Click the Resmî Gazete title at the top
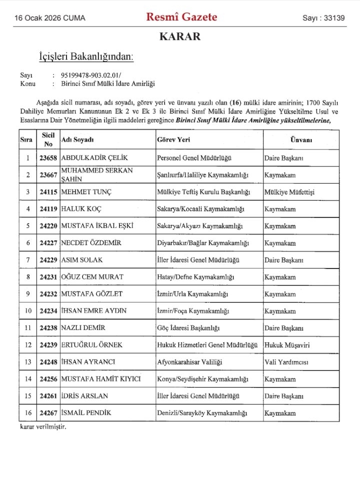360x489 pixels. point(181,17)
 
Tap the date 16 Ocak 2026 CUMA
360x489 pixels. point(50,18)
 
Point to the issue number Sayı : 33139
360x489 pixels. point(323,18)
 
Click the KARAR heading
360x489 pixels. point(180,36)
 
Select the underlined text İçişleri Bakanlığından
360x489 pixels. point(86,56)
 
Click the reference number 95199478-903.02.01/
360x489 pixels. point(87,75)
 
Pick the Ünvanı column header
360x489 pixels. point(301,140)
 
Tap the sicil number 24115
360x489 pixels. point(48,192)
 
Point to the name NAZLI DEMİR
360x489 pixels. point(84,328)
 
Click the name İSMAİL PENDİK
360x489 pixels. point(86,413)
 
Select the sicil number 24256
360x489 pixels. point(48,379)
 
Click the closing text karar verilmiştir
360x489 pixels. point(43,427)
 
